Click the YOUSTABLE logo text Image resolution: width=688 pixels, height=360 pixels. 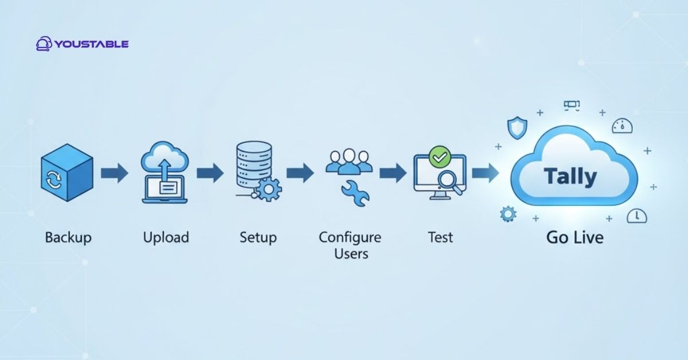click(92, 44)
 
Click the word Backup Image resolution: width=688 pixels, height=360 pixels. click(68, 237)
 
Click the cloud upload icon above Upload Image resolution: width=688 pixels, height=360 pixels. click(165, 172)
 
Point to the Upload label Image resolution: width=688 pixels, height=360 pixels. click(166, 237)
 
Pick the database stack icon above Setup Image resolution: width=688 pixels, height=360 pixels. click(252, 166)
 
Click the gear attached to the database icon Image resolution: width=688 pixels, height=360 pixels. click(267, 189)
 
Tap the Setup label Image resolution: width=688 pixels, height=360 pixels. click(258, 237)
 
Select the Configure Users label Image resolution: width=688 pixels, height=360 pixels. click(350, 244)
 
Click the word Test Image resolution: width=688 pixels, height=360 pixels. click(440, 237)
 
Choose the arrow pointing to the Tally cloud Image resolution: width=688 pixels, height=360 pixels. click(485, 172)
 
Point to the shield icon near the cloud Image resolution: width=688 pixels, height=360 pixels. click(516, 127)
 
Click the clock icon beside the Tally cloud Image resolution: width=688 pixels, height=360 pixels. click(637, 216)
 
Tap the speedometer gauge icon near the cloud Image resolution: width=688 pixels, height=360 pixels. click(620, 126)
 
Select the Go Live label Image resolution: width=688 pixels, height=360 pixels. click(574, 237)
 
